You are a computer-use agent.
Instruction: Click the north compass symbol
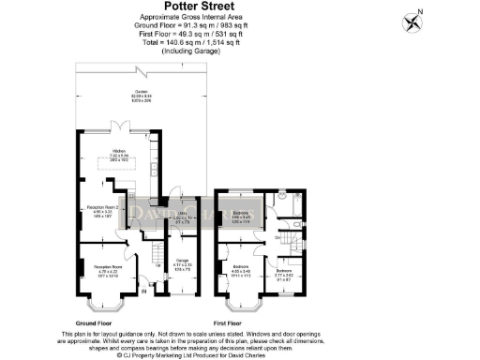412,20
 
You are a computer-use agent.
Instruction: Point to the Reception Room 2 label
101,211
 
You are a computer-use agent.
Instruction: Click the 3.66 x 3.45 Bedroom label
241,215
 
